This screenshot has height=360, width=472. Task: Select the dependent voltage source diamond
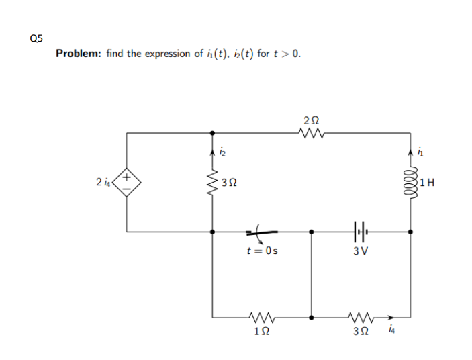(128, 182)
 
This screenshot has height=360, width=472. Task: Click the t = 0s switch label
(261, 251)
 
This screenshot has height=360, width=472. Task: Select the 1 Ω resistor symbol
(261, 316)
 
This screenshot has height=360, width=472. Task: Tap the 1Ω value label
(261, 330)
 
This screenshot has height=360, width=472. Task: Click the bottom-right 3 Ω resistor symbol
(360, 316)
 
